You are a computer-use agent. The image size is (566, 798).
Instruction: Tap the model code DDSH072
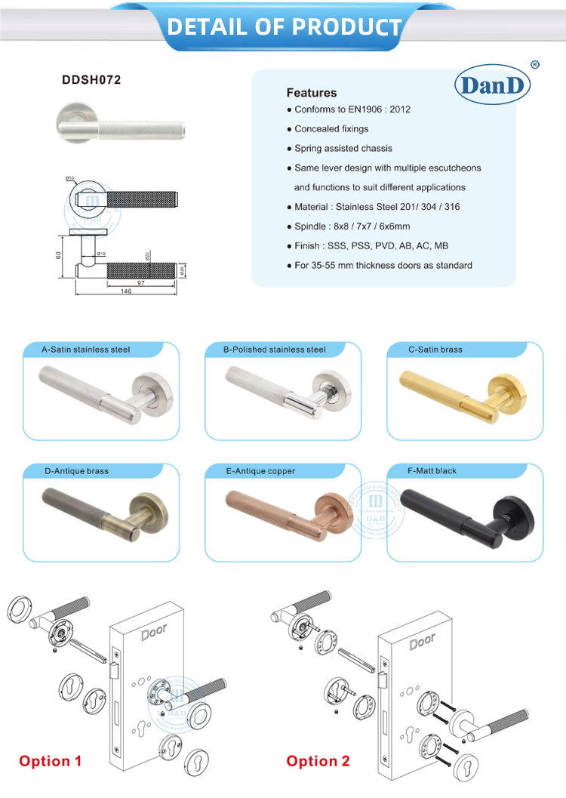click(x=91, y=79)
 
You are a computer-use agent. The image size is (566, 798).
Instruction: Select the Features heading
click(x=311, y=93)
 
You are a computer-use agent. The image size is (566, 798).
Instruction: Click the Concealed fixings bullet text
click(x=331, y=129)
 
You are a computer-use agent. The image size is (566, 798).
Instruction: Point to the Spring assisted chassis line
click(x=343, y=149)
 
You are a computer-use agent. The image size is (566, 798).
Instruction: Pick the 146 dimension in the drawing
click(x=125, y=291)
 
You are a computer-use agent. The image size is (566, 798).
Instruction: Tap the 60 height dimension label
click(x=58, y=255)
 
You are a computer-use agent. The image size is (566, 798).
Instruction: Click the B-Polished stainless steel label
click(x=274, y=350)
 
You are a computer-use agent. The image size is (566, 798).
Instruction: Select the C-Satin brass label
click(x=435, y=350)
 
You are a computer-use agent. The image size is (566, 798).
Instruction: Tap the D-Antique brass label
click(x=76, y=471)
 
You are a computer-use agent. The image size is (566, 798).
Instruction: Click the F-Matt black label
click(x=432, y=471)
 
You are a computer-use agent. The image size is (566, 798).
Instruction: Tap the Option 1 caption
click(x=50, y=761)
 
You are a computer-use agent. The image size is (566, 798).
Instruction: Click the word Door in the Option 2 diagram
click(x=423, y=642)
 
